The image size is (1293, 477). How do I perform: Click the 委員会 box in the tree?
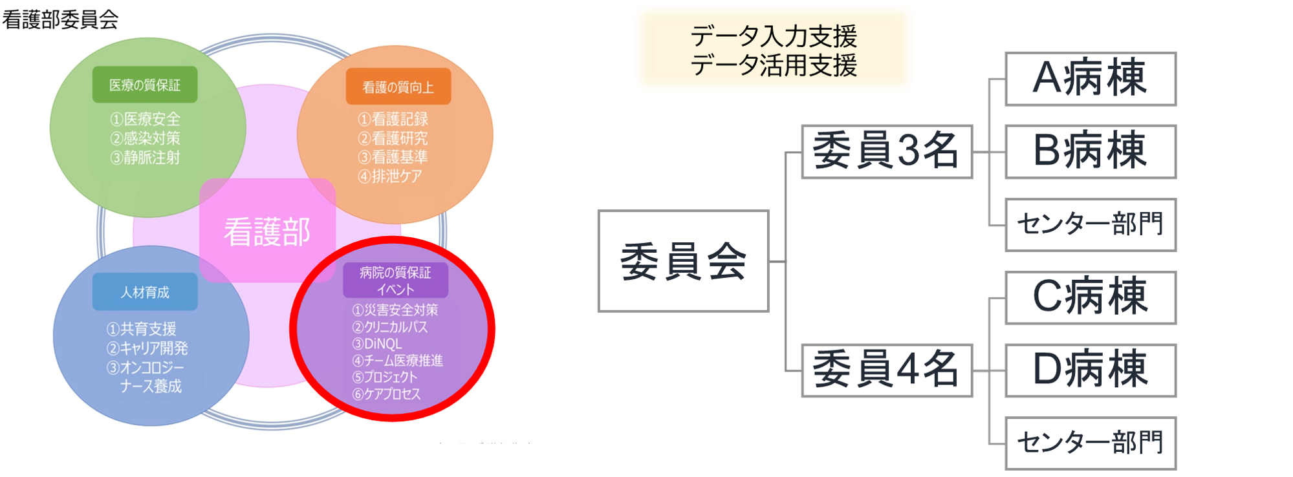(x=683, y=261)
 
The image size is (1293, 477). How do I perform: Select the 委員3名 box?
(x=886, y=151)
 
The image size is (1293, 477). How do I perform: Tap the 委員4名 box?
(x=886, y=370)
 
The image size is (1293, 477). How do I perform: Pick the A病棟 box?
(x=1090, y=78)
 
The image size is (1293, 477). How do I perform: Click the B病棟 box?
(x=1090, y=151)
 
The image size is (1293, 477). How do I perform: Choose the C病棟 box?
(x=1090, y=297)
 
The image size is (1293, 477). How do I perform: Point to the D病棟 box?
(x=1090, y=370)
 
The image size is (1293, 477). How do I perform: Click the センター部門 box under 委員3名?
(x=1090, y=224)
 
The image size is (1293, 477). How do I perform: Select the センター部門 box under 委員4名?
(x=1090, y=443)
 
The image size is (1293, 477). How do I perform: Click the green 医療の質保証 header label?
(x=145, y=85)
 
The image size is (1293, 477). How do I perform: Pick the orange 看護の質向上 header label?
(x=398, y=87)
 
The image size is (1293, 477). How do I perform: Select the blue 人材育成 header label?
(x=145, y=292)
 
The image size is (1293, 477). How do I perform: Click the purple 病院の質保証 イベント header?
(x=395, y=281)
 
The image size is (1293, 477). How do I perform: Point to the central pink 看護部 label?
(x=267, y=231)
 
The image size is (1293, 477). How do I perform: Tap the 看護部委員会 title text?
(x=60, y=19)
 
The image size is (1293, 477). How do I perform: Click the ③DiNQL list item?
(x=377, y=344)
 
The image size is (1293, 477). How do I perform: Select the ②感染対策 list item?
(x=146, y=138)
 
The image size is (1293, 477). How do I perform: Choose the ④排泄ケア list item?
(x=390, y=176)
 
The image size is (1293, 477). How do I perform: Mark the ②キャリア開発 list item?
(x=147, y=348)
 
